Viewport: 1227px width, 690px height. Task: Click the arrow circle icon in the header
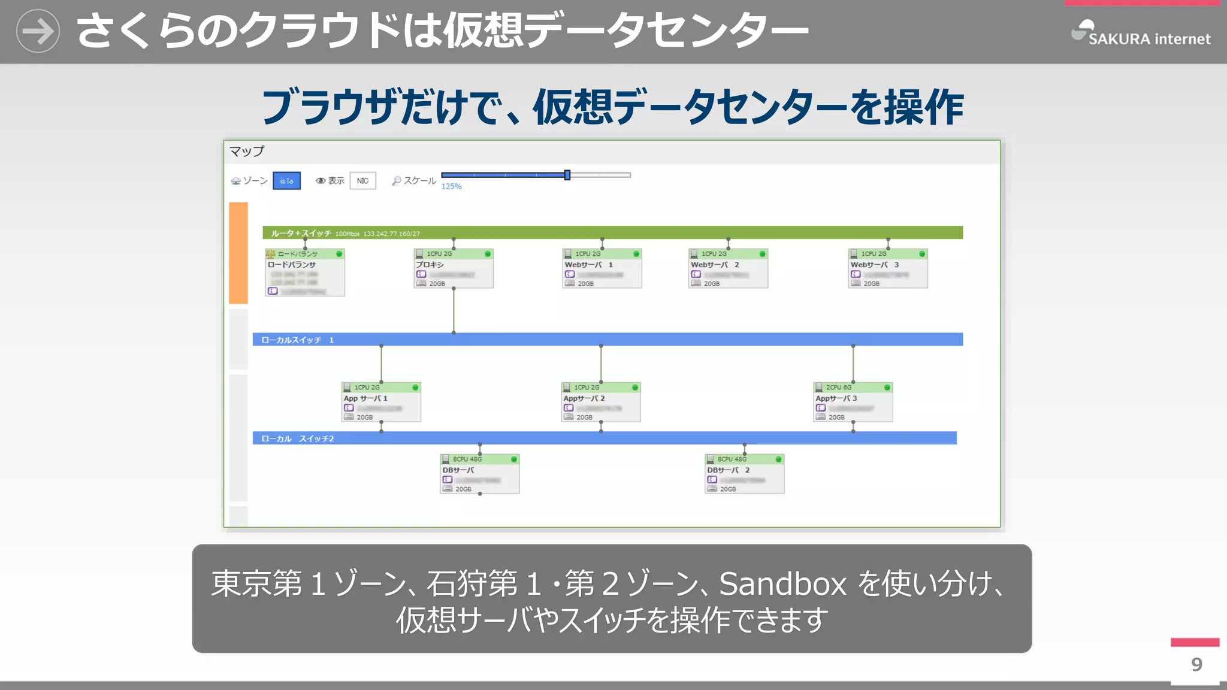[x=38, y=31]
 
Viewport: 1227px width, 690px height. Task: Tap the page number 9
[x=1196, y=664]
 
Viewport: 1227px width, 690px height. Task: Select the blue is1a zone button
[x=286, y=181]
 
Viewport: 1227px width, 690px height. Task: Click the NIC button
[x=362, y=181]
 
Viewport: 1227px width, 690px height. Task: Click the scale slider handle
[x=567, y=175]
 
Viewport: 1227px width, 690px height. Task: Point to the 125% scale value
[x=451, y=187]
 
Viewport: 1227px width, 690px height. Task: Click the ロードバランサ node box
[x=305, y=273]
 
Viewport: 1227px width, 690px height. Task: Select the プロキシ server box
[x=454, y=269]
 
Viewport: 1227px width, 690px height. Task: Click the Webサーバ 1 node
[x=602, y=269]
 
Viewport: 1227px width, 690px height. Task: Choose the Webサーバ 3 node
[x=888, y=269]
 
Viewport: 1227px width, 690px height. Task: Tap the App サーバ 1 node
[x=381, y=402]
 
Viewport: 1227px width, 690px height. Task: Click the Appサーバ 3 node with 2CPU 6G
[x=853, y=402]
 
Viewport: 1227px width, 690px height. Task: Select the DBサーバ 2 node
[x=744, y=474]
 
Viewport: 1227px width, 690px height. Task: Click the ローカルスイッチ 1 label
[x=297, y=340]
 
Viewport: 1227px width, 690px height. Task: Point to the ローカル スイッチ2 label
[x=297, y=439]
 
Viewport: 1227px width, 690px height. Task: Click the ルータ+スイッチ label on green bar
[x=301, y=233]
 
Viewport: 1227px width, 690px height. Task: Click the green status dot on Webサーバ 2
[x=762, y=254]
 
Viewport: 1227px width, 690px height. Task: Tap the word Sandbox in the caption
[x=782, y=584]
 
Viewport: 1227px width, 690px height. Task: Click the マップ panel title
[x=246, y=152]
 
